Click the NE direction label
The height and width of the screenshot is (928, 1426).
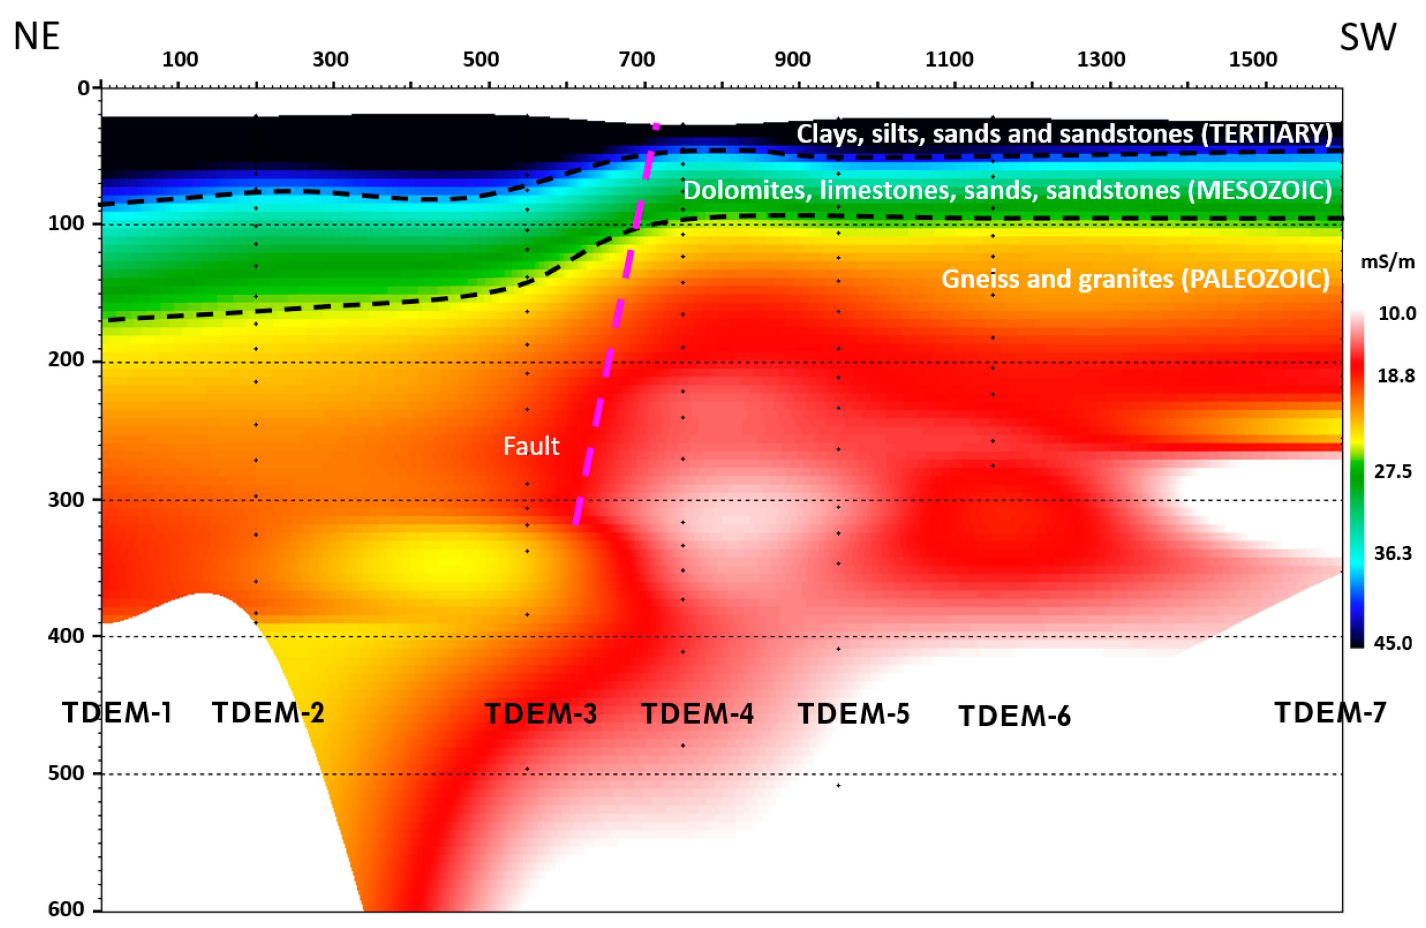coord(36,37)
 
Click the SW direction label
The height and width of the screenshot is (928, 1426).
coord(1368,37)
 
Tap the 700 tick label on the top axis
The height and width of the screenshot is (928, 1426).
coord(636,60)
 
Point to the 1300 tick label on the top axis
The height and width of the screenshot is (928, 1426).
coord(1101,60)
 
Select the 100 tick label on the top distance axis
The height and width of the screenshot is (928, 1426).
coord(180,60)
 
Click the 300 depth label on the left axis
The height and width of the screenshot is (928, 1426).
coord(66,499)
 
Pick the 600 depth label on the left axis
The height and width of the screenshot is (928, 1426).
coord(66,909)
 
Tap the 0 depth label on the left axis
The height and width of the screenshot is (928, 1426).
coord(83,88)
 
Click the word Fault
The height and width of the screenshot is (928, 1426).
coord(531,446)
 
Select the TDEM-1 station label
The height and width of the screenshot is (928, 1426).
coord(117,713)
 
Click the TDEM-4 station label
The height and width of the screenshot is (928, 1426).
coord(697,713)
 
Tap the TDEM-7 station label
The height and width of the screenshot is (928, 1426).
coord(1330,712)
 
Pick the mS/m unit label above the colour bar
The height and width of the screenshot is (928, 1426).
coord(1387,262)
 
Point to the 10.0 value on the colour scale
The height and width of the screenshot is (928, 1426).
coord(1397,314)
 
